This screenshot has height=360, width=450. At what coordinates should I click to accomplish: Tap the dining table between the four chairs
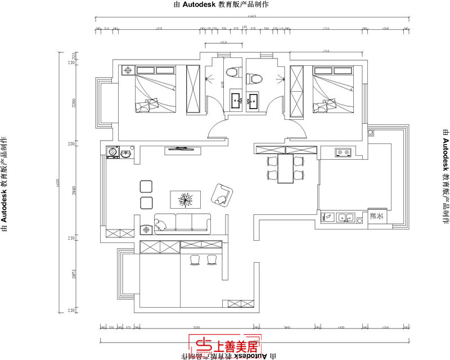coord(286,169)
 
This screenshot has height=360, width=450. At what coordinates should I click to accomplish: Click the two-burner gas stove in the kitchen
coord(342,152)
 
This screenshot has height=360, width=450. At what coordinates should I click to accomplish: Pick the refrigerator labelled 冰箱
coord(376,217)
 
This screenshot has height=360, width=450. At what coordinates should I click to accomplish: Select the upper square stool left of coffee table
coord(146,187)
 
